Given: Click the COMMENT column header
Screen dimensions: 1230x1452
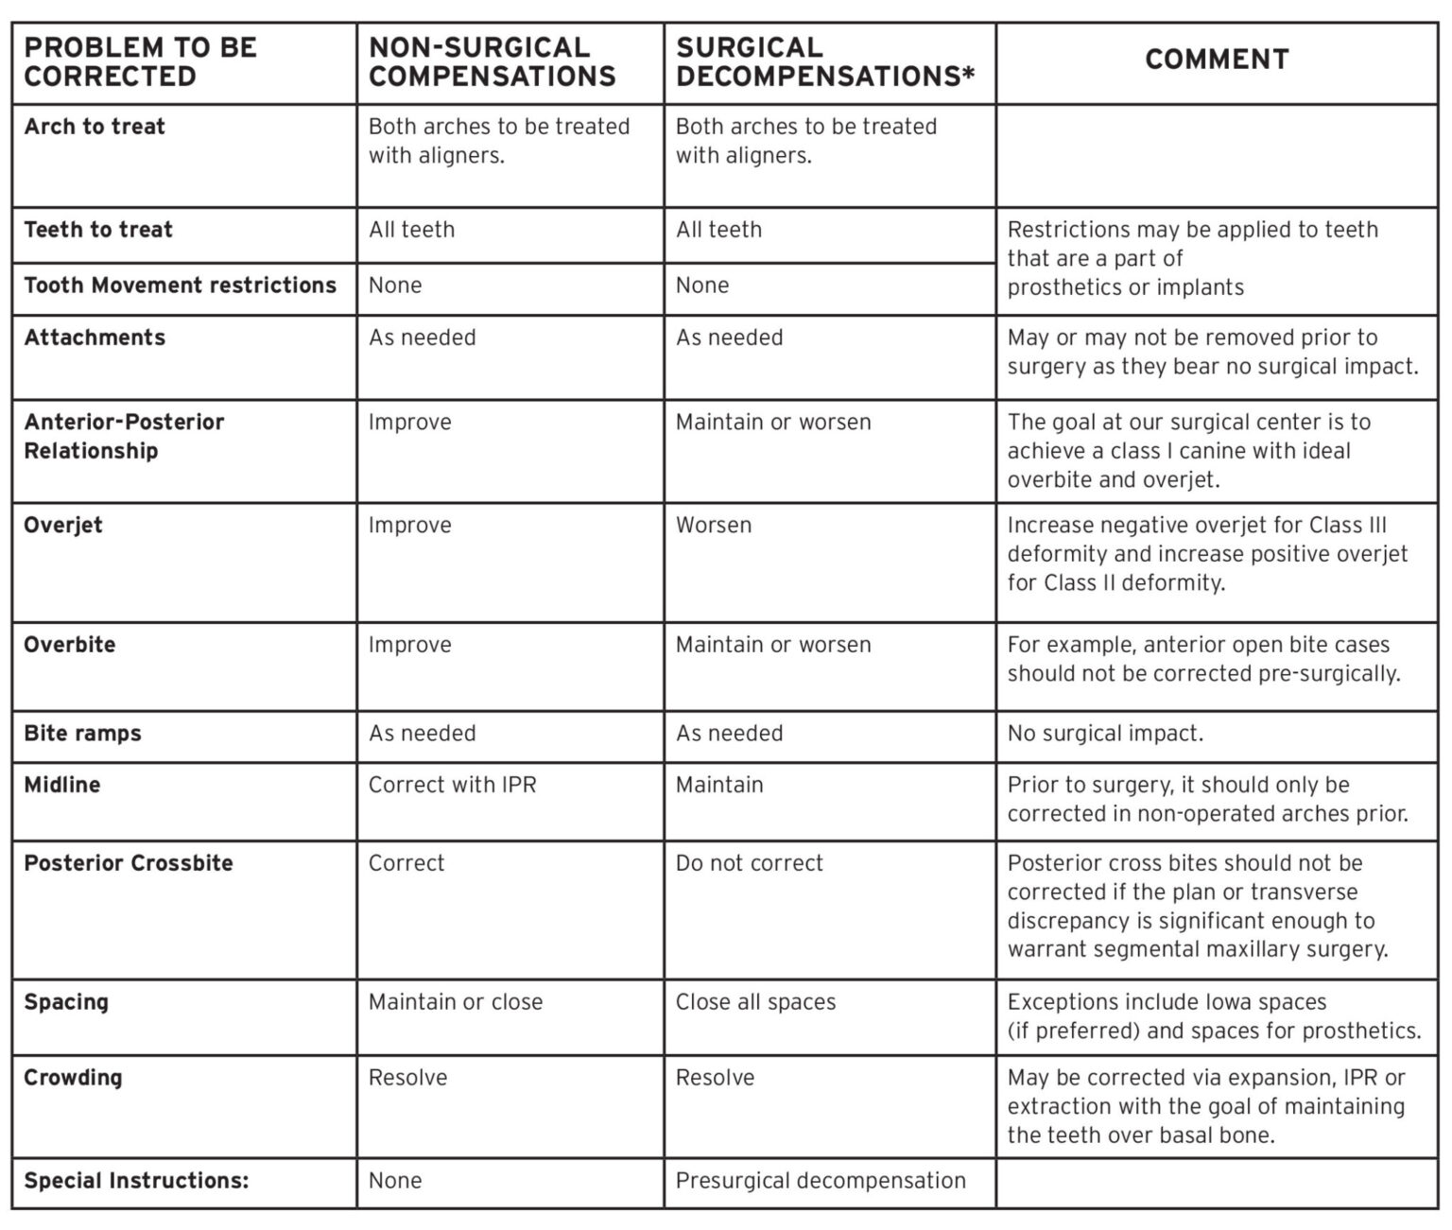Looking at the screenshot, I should pos(1217,60).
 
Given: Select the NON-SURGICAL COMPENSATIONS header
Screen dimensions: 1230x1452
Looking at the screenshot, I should pos(492,61).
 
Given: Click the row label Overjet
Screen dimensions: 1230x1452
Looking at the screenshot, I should pos(62,525).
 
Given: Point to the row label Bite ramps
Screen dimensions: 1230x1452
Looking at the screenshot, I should pos(82,733).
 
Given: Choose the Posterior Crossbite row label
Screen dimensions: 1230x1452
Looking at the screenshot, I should pos(128,862).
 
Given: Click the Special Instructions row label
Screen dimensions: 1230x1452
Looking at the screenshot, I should pos(136,1180).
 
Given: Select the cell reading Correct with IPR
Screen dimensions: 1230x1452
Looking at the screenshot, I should pos(452,785).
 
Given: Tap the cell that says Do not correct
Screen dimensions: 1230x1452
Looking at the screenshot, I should pos(749,862).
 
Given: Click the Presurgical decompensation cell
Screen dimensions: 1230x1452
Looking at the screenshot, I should pos(821,1180).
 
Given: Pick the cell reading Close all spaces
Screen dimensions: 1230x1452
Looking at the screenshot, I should pos(755,1001).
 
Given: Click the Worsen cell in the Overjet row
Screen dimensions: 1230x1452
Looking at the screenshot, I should pos(714,525).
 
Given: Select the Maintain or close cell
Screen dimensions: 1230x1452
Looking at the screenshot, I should pos(456,1001).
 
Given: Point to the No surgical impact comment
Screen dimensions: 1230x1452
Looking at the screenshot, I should pos(1105,733).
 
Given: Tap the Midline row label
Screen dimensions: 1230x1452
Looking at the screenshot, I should pos(61,785).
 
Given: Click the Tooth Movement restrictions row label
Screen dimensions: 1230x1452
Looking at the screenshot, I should pos(180,285).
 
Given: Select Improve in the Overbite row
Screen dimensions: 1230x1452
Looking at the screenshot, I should pos(409,645).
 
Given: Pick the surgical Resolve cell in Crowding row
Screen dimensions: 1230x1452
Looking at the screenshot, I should pos(715,1077).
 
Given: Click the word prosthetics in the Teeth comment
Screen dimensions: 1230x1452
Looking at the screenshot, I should pos(1063,287).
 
